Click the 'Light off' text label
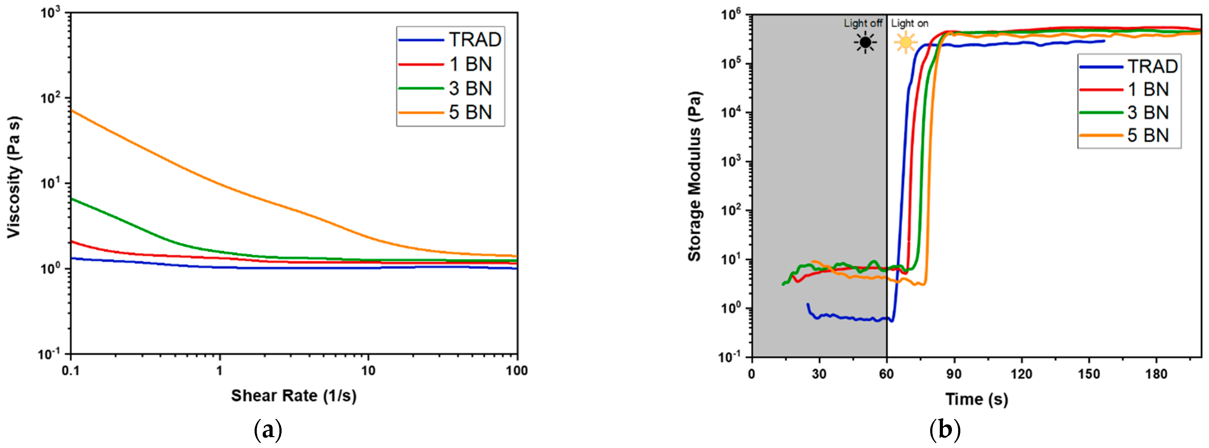click(x=863, y=23)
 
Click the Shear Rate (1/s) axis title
click(x=293, y=396)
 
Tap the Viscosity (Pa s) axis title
click(x=14, y=177)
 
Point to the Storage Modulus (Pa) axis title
click(x=694, y=176)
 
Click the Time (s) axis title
click(x=976, y=399)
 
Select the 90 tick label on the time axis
click(x=954, y=374)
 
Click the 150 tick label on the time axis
click(x=1089, y=374)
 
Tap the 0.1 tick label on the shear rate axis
click(x=70, y=371)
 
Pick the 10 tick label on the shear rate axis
click(x=368, y=371)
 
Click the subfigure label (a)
click(x=268, y=429)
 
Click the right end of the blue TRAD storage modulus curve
click(x=1104, y=41)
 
